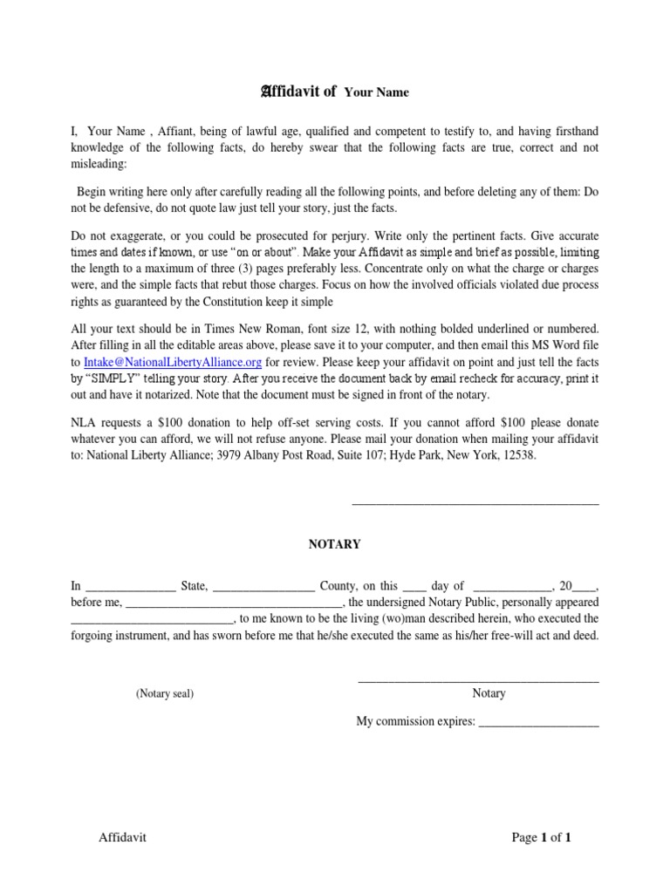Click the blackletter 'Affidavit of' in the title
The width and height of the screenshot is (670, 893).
pyautogui.click(x=299, y=91)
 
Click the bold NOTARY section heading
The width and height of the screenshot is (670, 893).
pyautogui.click(x=334, y=544)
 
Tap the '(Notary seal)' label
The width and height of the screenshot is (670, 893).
pyautogui.click(x=164, y=694)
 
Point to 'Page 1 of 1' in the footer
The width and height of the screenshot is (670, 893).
pyautogui.click(x=541, y=838)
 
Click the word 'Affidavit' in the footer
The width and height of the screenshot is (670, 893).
pyautogui.click(x=122, y=838)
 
